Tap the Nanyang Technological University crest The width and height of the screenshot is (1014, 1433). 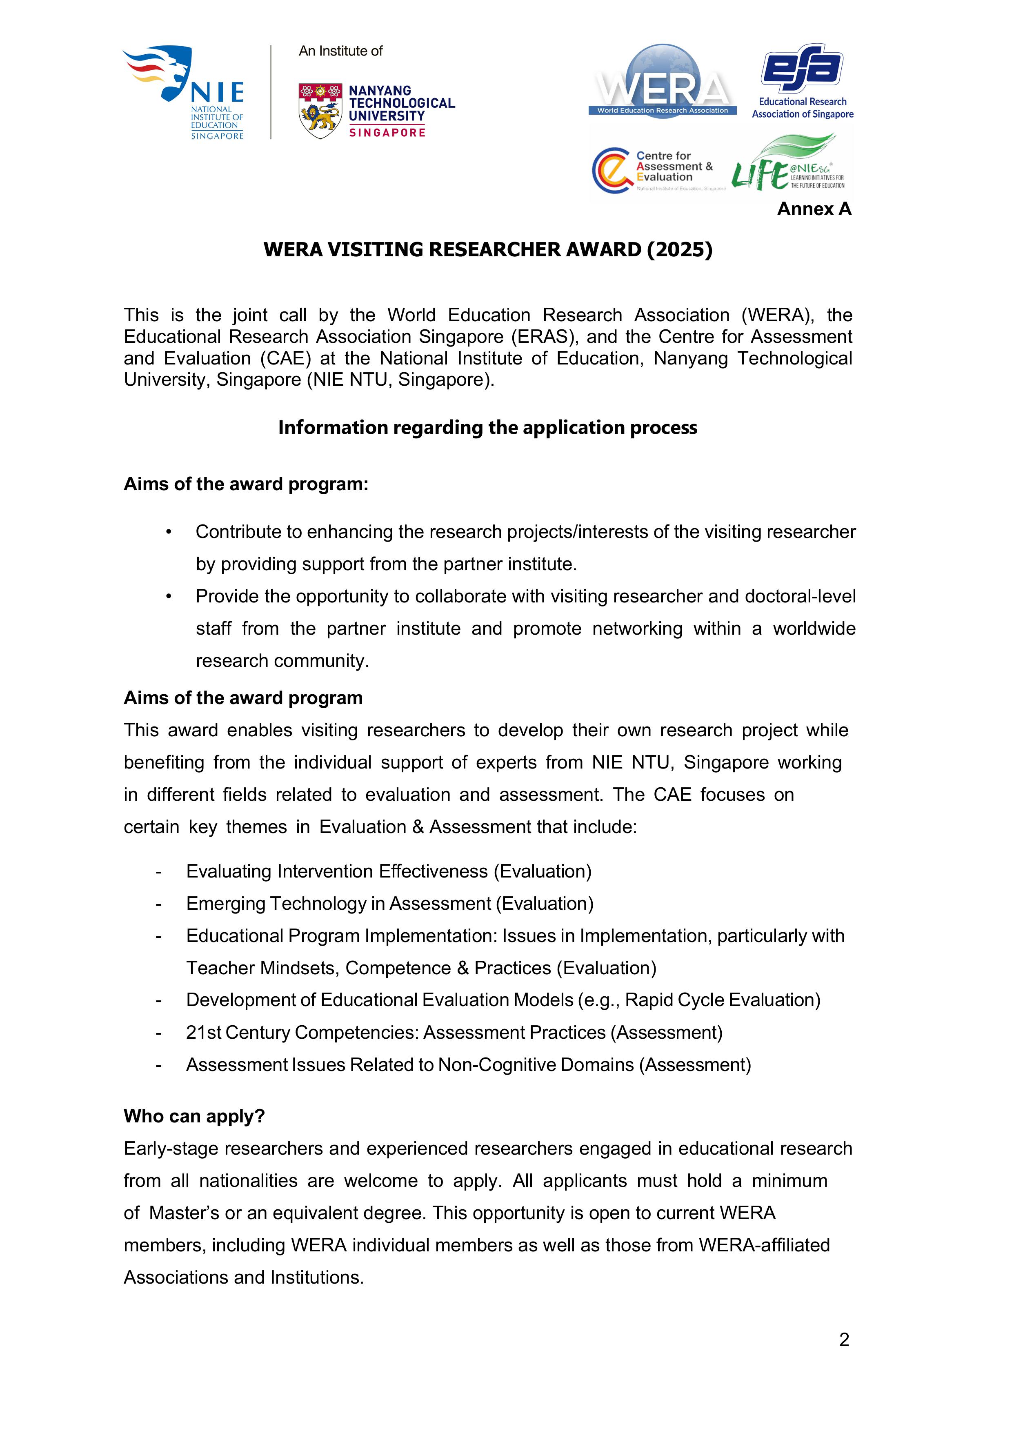pyautogui.click(x=320, y=111)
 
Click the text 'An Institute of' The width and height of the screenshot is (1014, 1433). pyautogui.click(x=340, y=51)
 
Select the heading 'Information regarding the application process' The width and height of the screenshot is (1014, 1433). pyautogui.click(x=488, y=427)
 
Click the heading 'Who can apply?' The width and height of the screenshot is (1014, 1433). pyautogui.click(x=194, y=1116)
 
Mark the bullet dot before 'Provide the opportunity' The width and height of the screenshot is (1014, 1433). pyautogui.click(x=169, y=596)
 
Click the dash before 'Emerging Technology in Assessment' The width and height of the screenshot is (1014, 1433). pyautogui.click(x=159, y=904)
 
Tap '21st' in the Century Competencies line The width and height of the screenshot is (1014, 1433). pyautogui.click(x=204, y=1032)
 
